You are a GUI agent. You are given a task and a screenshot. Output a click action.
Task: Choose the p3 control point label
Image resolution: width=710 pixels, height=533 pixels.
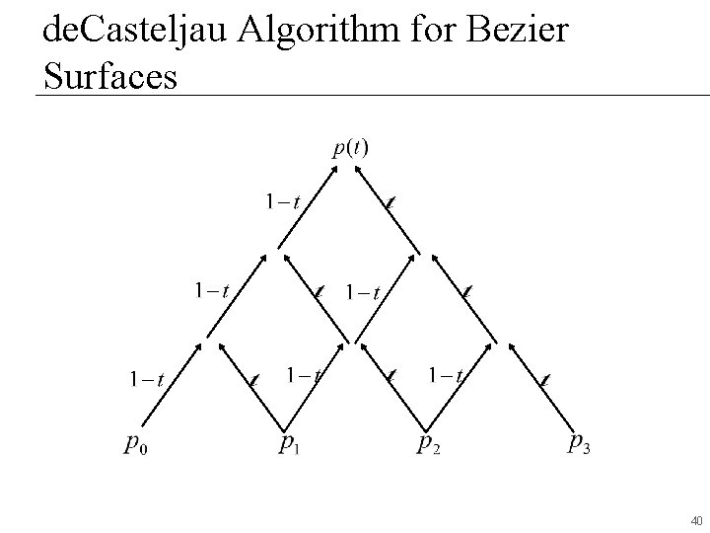click(x=581, y=443)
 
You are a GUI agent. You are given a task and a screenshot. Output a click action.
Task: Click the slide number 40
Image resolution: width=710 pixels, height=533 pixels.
click(x=696, y=520)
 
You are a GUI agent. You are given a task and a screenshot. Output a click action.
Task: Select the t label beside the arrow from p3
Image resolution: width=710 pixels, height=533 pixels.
click(x=545, y=378)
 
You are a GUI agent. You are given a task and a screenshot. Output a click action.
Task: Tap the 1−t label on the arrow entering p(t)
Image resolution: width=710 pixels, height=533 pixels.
click(x=283, y=202)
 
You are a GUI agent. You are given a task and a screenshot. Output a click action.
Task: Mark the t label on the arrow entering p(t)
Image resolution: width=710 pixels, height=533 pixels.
click(x=390, y=203)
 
